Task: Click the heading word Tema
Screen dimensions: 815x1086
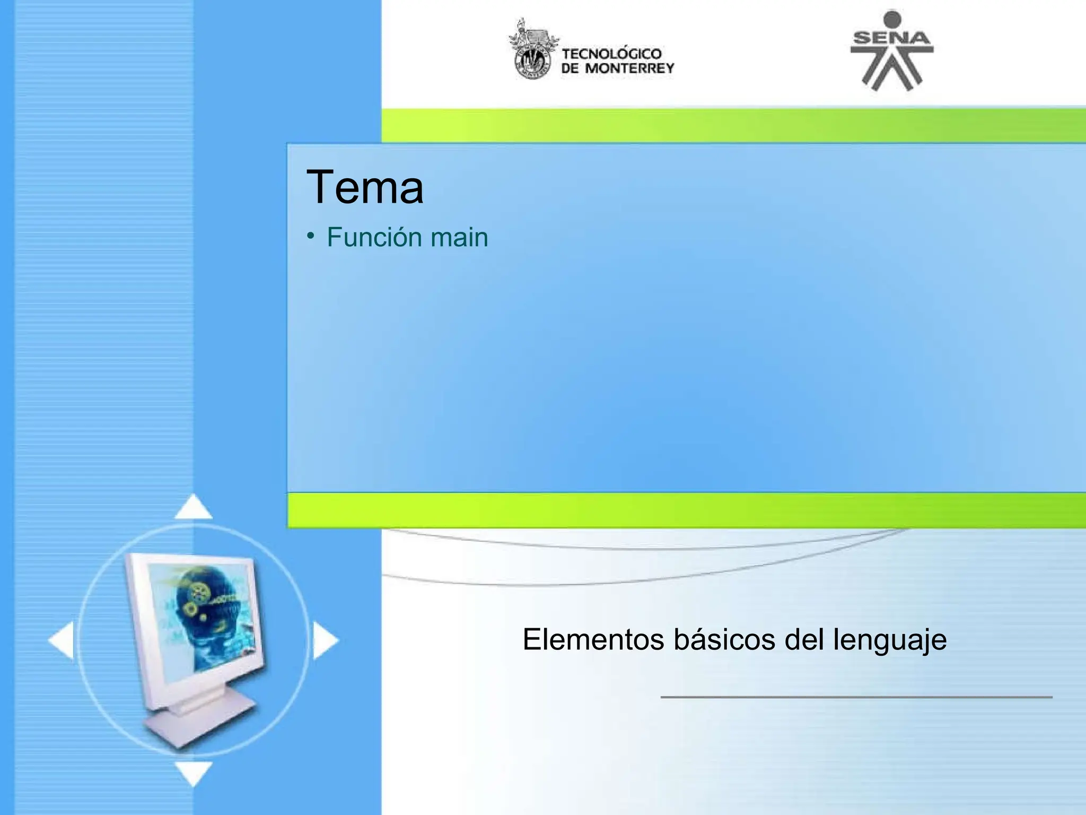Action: [365, 187]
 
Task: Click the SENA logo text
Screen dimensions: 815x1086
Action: [891, 38]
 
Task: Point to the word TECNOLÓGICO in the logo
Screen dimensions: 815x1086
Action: [612, 54]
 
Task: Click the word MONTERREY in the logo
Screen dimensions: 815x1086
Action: [629, 68]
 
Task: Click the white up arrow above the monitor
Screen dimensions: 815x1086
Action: [194, 507]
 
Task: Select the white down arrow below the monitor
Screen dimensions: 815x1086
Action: [194, 772]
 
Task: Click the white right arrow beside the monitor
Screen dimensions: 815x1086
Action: [325, 640]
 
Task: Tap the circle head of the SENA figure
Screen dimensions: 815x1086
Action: [892, 19]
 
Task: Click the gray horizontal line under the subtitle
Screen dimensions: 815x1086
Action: [856, 697]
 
